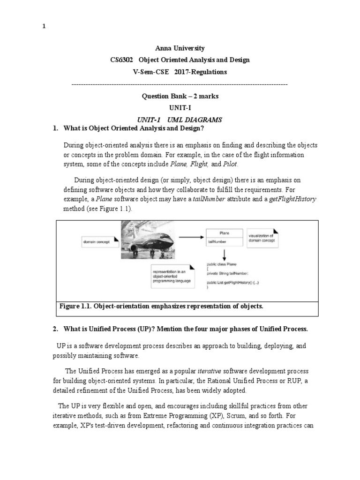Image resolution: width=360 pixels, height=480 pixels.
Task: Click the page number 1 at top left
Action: tap(44, 26)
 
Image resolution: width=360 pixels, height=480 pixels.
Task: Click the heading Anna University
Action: tap(180, 48)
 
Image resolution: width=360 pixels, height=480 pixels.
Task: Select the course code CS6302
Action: tap(121, 60)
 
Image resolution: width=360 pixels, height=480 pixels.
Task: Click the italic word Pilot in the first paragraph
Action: tap(230, 164)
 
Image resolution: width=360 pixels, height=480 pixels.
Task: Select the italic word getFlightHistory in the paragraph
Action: tap(292, 199)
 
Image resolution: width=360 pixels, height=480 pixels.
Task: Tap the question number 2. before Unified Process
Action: tap(55, 330)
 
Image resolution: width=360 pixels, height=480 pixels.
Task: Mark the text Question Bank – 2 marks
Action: tap(180, 96)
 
